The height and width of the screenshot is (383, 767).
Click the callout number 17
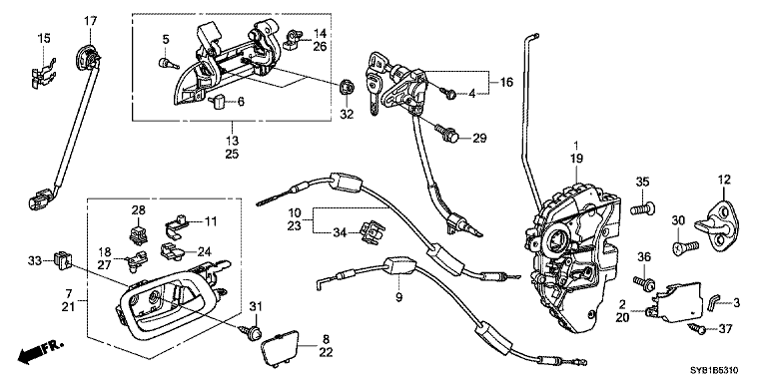click(90, 21)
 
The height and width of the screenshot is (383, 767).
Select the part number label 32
click(348, 115)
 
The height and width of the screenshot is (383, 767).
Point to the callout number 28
click(137, 210)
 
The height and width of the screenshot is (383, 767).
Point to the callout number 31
click(254, 305)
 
